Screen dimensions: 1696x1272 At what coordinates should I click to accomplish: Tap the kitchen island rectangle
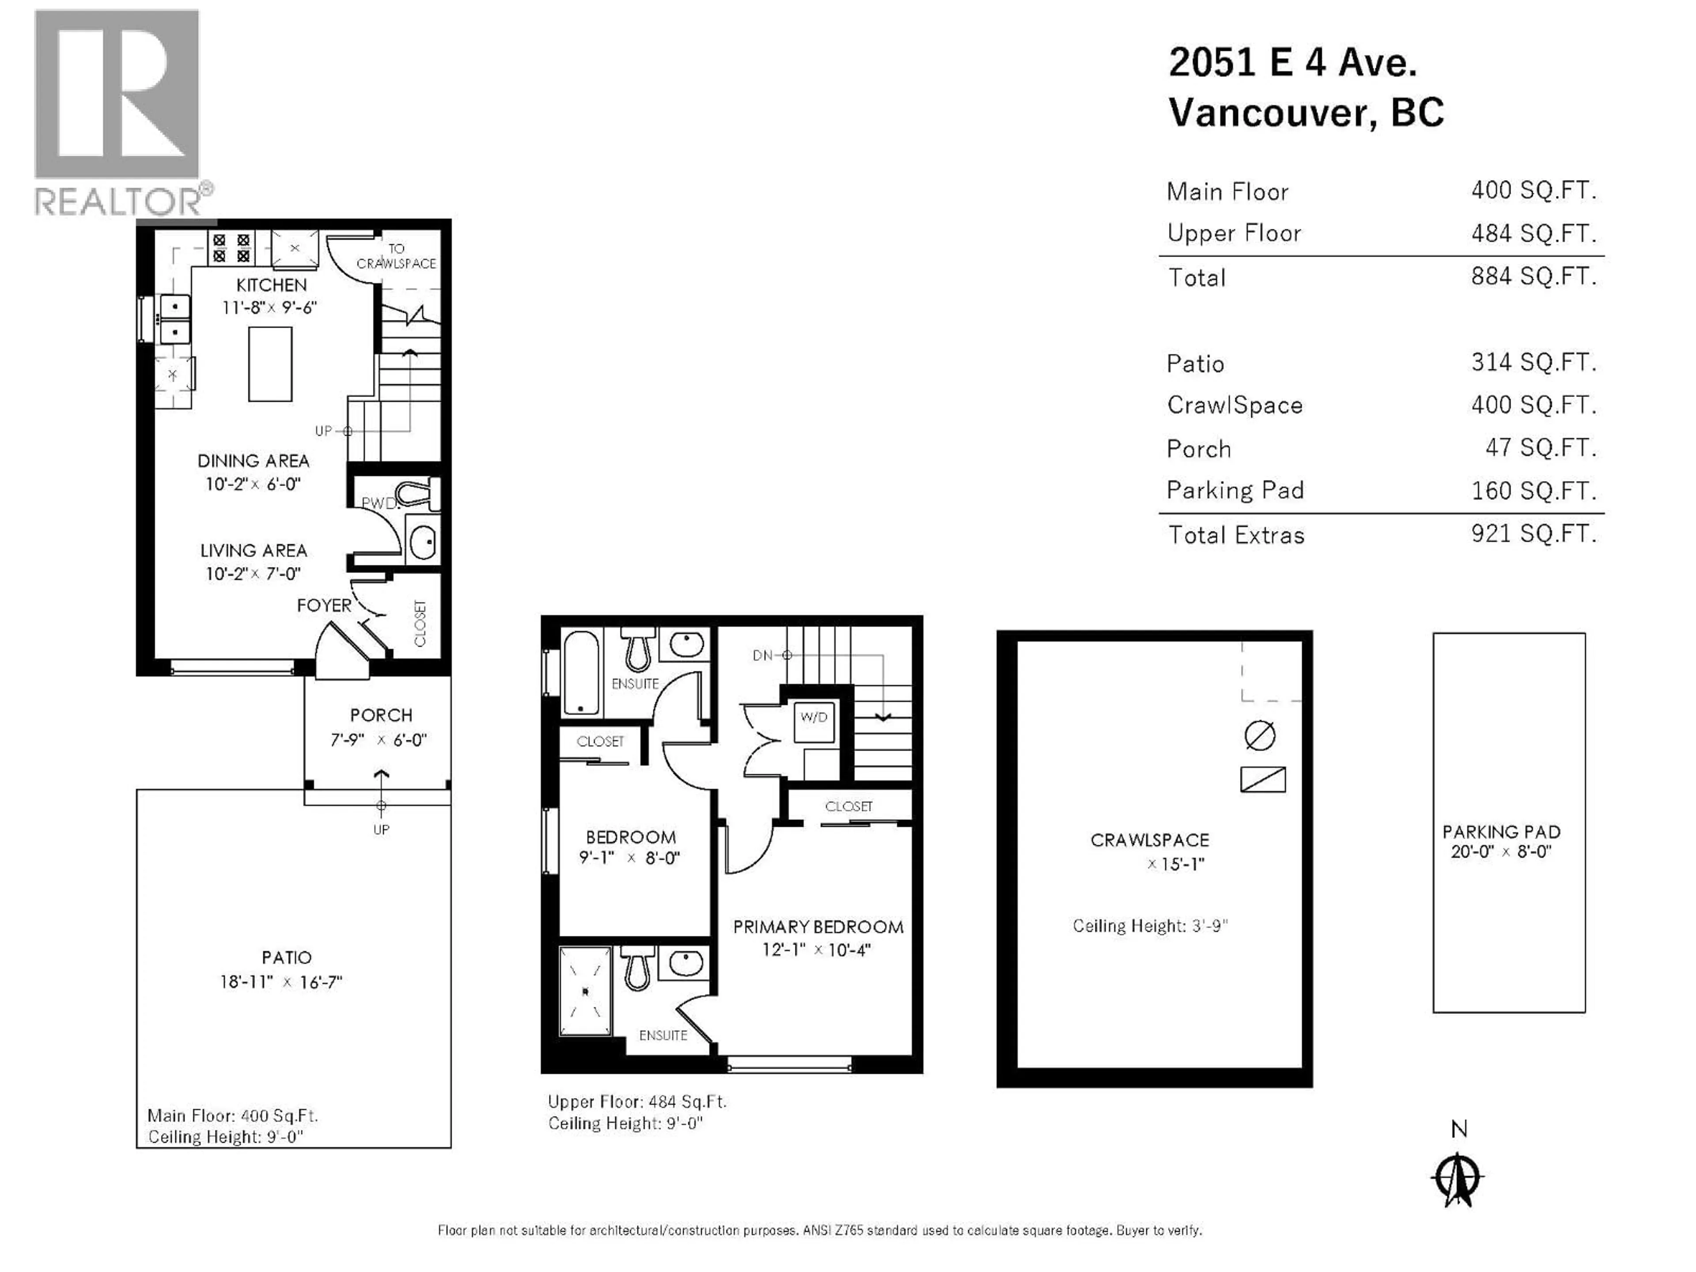pyautogui.click(x=270, y=364)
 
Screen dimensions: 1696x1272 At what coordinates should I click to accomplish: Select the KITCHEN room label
pyautogui.click(x=272, y=285)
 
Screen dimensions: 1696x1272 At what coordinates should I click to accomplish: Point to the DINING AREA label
pyautogui.click(x=254, y=461)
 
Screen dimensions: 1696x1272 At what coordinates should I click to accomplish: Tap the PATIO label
pyautogui.click(x=287, y=958)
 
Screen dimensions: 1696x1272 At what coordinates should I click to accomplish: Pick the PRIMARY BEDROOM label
pyautogui.click(x=818, y=927)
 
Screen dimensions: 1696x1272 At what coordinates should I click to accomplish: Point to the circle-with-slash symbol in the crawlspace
pyautogui.click(x=1260, y=735)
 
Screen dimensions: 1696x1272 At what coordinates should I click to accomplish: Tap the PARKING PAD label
pyautogui.click(x=1501, y=832)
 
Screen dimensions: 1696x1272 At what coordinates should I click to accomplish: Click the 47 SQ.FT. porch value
pyautogui.click(x=1541, y=448)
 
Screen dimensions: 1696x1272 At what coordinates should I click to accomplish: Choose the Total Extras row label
pyautogui.click(x=1236, y=535)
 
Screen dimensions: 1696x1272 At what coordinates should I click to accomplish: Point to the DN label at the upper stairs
pyautogui.click(x=763, y=655)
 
